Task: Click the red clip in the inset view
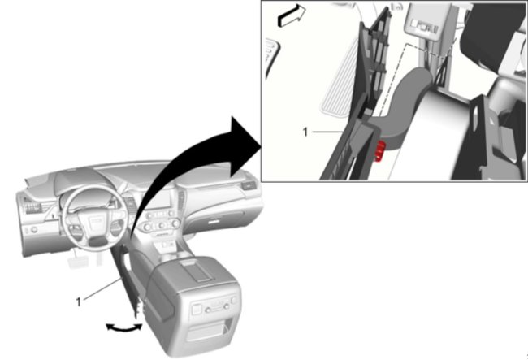click(379, 150)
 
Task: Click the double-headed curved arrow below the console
click(123, 327)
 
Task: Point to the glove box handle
click(218, 213)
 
